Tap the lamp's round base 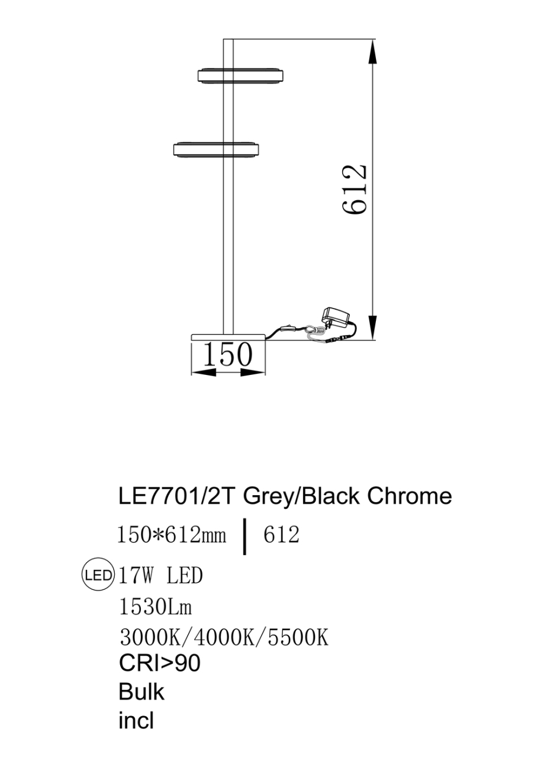[x=228, y=337]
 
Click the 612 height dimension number [x=356, y=190]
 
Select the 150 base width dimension [x=228, y=355]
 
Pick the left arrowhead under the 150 [x=203, y=372]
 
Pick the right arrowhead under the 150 [x=252, y=372]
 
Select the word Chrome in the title [x=410, y=496]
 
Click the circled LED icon [x=97, y=575]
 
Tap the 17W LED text [x=161, y=575]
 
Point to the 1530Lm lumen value [x=156, y=607]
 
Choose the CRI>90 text [x=160, y=664]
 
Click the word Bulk [x=141, y=692]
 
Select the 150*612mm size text [x=172, y=535]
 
